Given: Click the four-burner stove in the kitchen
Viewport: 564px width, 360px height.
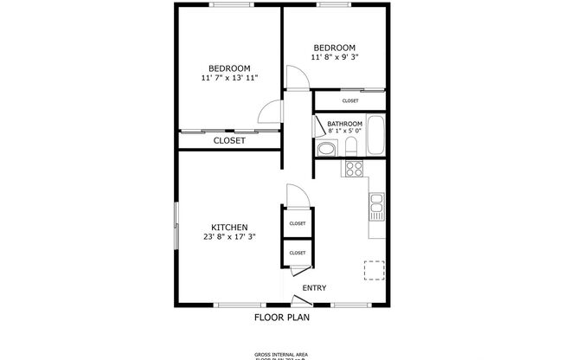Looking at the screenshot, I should tap(354, 168).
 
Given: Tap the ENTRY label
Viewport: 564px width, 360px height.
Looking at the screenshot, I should tap(314, 288).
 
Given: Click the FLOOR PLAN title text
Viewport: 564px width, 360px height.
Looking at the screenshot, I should tap(282, 317).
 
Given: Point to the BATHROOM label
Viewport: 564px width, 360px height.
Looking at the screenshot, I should tap(344, 124).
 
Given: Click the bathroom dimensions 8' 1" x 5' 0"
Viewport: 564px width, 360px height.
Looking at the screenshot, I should tap(344, 132).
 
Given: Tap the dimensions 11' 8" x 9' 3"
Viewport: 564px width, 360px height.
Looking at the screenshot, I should tap(334, 57).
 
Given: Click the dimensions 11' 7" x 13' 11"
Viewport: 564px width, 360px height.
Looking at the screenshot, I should tap(230, 78).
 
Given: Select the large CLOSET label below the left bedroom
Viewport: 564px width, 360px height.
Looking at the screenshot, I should tap(229, 140).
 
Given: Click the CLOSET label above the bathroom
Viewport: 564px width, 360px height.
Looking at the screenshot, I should tap(350, 101).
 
